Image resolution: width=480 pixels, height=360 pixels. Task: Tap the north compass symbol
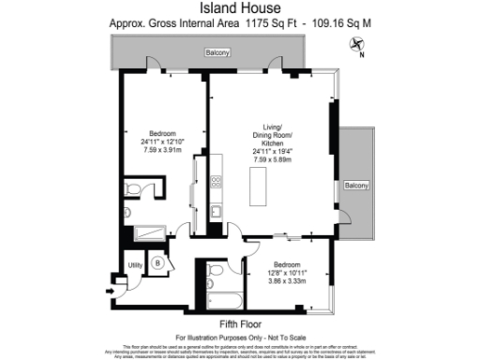[x=357, y=44]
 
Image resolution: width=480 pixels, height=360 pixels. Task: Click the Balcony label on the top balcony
[x=217, y=54]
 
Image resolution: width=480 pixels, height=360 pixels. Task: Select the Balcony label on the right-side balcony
[x=355, y=185]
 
